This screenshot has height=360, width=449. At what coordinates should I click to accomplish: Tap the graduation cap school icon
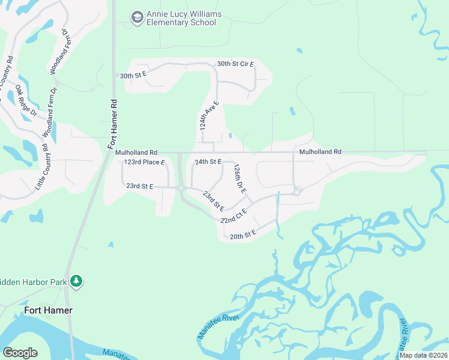coord(137,17)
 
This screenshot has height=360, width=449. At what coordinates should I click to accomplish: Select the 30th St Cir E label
coord(235,64)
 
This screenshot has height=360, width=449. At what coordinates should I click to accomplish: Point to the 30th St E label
coord(133,76)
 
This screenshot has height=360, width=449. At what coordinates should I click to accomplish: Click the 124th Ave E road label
coord(209,116)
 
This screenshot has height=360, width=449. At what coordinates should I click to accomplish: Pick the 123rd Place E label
coord(144,163)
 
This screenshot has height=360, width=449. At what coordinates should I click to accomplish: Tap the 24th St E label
coord(208,162)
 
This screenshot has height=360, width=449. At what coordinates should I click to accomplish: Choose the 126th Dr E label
coord(240,178)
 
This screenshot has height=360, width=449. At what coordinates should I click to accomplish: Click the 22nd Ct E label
coord(234,216)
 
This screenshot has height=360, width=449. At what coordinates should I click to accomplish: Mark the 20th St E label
coord(243,235)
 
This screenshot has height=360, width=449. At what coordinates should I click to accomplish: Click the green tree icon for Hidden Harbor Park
coord(76,281)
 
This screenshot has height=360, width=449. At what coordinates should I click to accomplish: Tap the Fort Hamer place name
coord(48,310)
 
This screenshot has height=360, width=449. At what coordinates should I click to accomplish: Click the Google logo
coord(20,353)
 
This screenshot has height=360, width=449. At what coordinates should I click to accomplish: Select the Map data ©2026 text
coord(423,355)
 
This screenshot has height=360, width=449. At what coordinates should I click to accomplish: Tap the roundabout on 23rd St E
coord(181,188)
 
